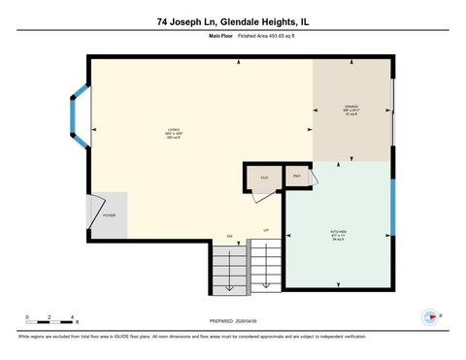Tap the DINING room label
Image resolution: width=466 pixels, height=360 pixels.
(351, 109)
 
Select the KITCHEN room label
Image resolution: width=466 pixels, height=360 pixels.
(337, 235)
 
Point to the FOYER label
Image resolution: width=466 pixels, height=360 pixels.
(110, 215)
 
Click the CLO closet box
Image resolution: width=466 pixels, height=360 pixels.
(263, 178)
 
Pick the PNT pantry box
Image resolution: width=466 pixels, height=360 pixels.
(297, 178)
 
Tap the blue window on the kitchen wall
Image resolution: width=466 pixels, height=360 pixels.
(392, 205)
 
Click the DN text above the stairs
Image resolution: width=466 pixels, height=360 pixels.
(230, 237)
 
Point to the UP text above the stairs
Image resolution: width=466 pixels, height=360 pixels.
(265, 229)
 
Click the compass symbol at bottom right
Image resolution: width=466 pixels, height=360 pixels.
(429, 316)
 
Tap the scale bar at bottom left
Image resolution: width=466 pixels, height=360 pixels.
(51, 317)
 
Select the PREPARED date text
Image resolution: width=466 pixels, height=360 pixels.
(232, 320)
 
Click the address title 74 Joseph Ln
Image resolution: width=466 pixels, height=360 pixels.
(232, 20)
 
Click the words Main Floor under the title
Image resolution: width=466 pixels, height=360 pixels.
(221, 35)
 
